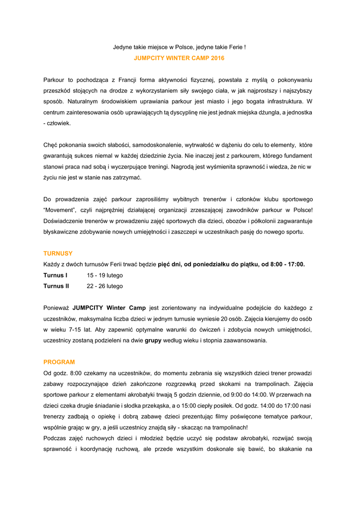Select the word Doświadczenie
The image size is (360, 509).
click(65, 221)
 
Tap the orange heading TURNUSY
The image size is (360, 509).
click(58, 254)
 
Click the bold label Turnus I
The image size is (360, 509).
click(55, 275)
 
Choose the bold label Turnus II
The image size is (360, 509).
click(56, 286)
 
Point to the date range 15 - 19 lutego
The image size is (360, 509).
click(104, 275)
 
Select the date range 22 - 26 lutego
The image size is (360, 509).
click(104, 286)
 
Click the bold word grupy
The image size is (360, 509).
click(153, 340)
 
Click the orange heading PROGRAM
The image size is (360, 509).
click(59, 362)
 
